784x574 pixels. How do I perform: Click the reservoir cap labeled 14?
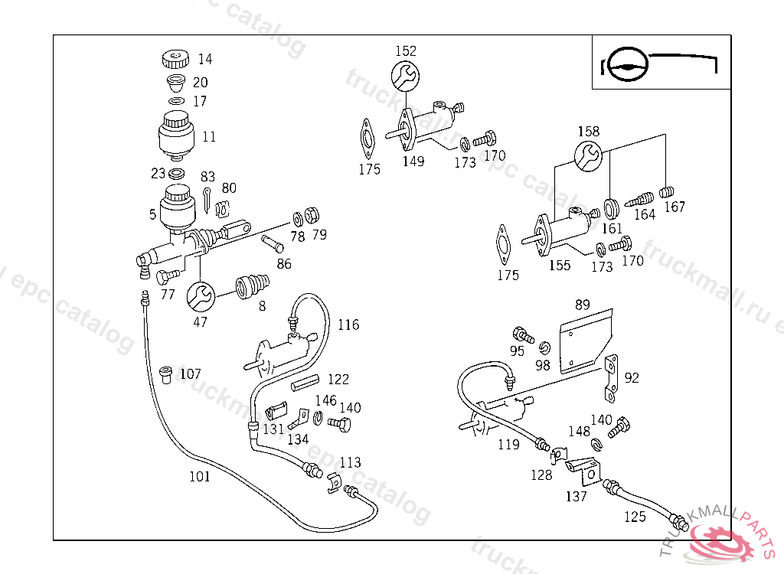[176, 59]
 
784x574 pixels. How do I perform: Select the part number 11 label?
[209, 137]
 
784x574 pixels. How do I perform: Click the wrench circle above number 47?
[200, 295]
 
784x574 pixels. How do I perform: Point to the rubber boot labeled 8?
[251, 286]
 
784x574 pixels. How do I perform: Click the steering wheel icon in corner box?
[627, 65]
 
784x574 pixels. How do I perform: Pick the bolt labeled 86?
[273, 244]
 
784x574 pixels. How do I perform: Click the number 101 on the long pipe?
[200, 477]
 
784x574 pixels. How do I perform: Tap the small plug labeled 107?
[165, 375]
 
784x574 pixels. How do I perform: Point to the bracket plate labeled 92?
[611, 377]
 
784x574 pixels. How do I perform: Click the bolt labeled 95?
[524, 335]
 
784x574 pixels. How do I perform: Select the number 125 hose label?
[635, 517]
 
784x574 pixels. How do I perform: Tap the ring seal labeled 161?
[611, 208]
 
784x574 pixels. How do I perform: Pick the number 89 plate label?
[583, 305]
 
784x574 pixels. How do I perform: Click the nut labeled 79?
[312, 214]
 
